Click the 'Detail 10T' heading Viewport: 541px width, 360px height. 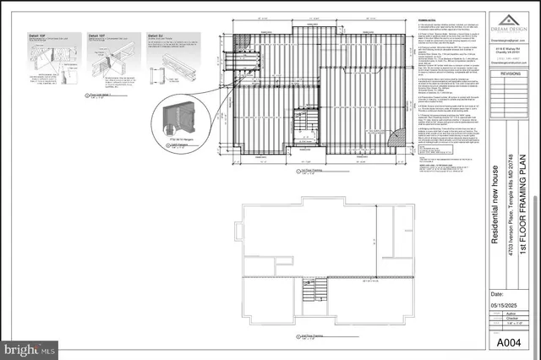coord(96,35)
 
